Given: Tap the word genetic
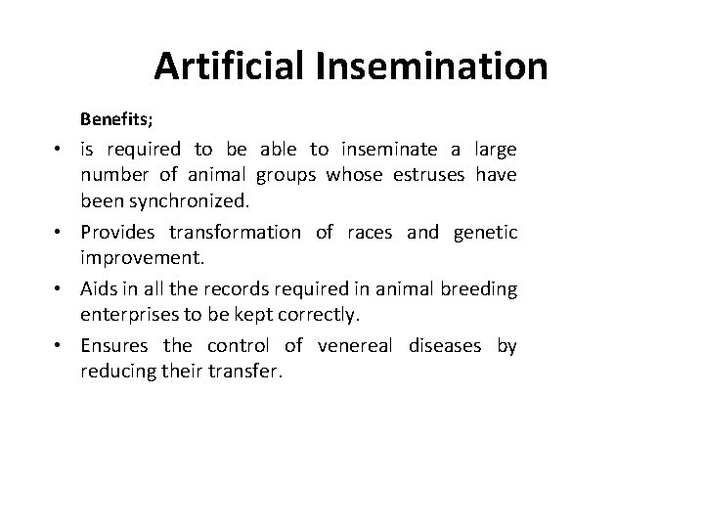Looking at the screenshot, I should [486, 233].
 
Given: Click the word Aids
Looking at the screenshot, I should [99, 289].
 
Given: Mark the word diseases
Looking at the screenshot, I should [446, 346].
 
